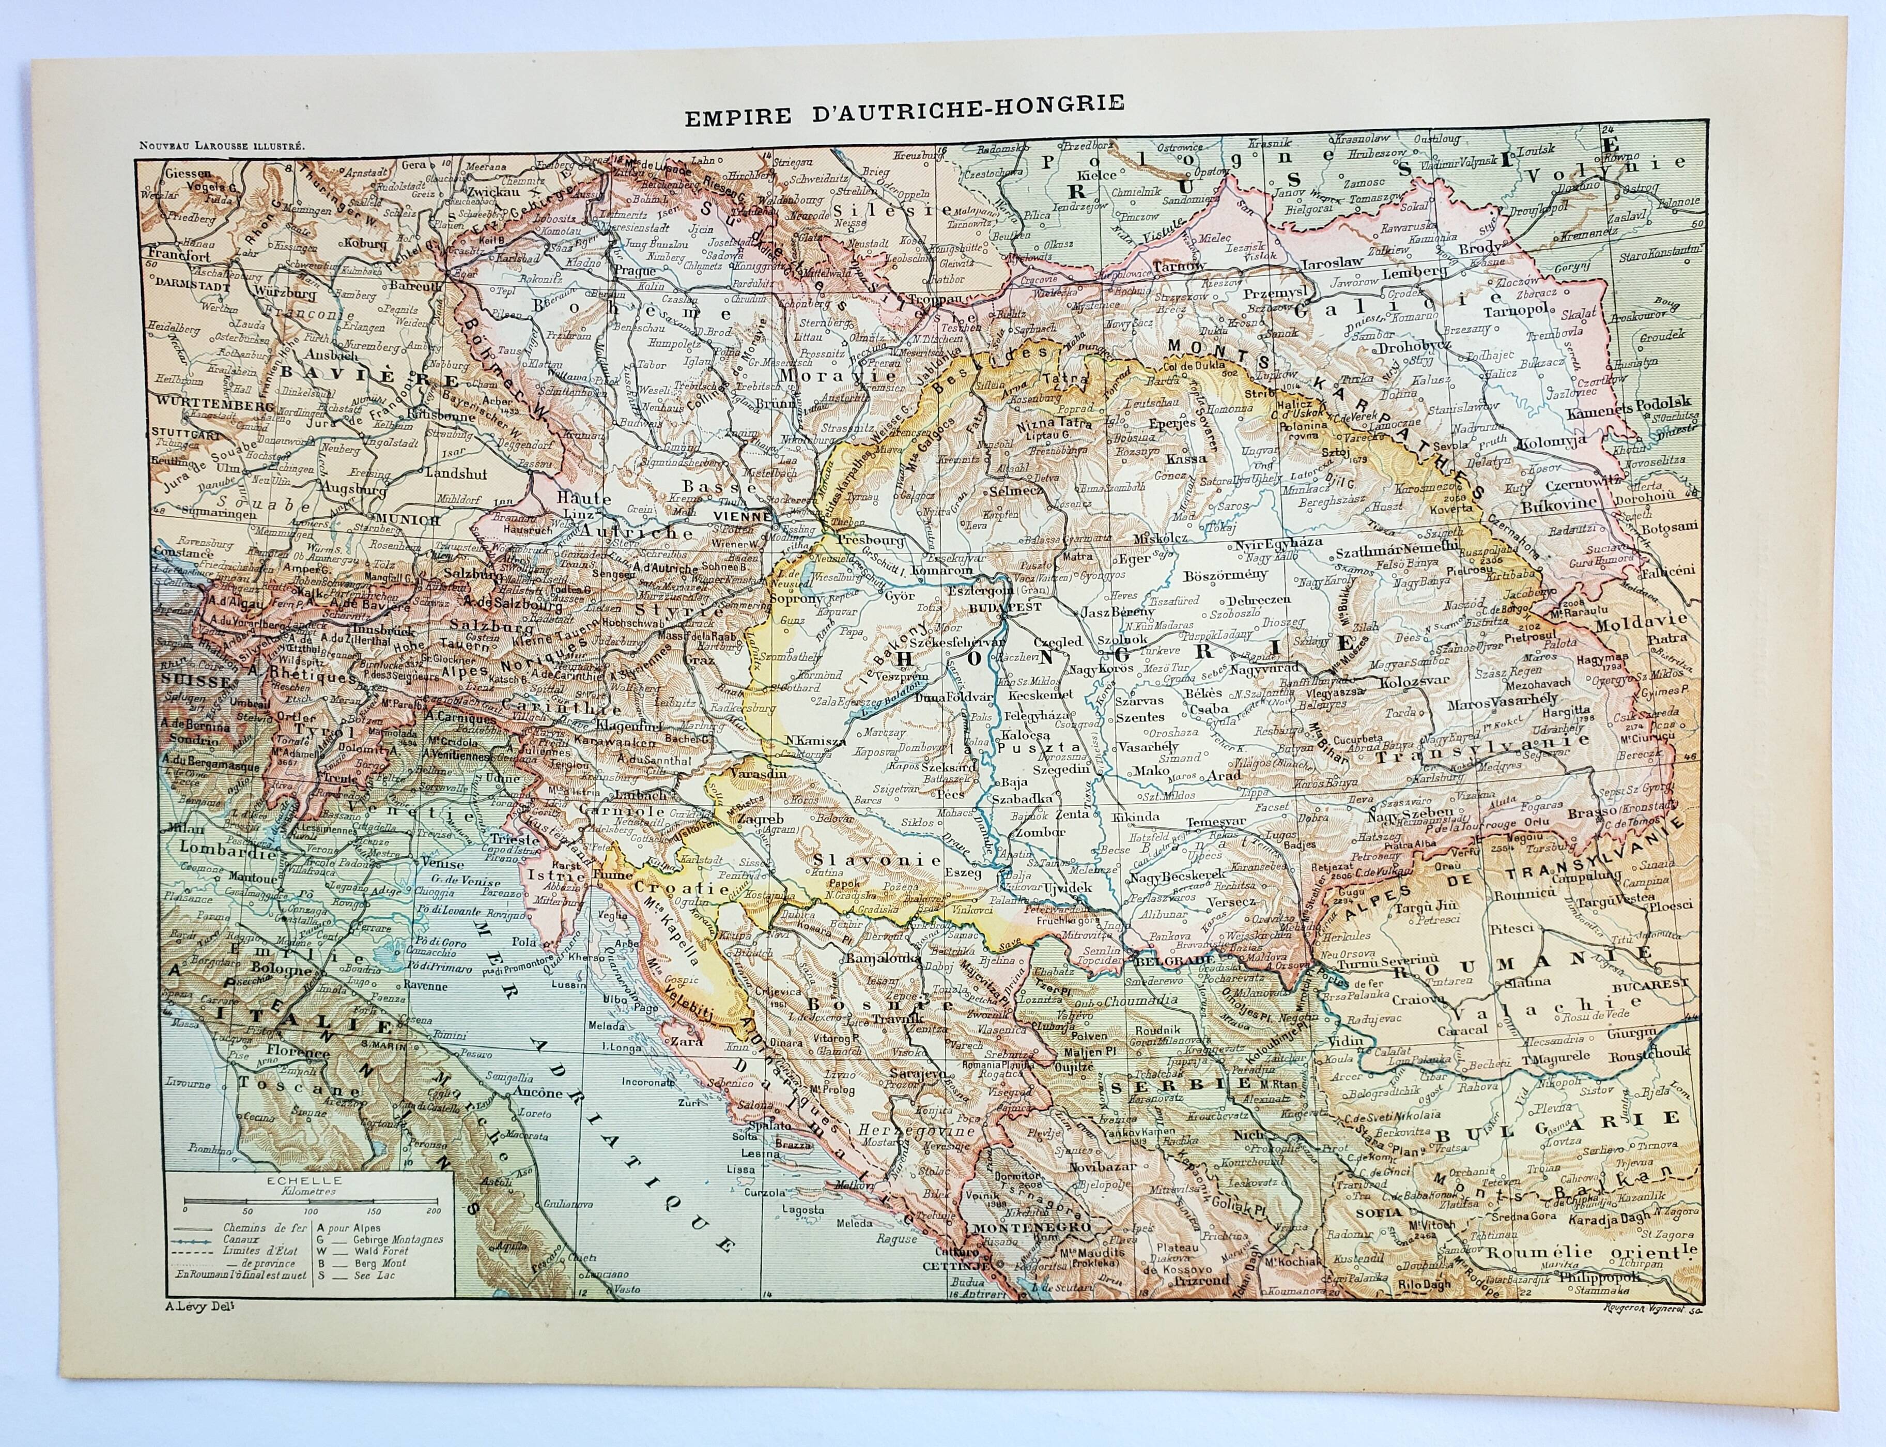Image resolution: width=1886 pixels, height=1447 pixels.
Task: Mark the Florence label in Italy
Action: pos(274,1053)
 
